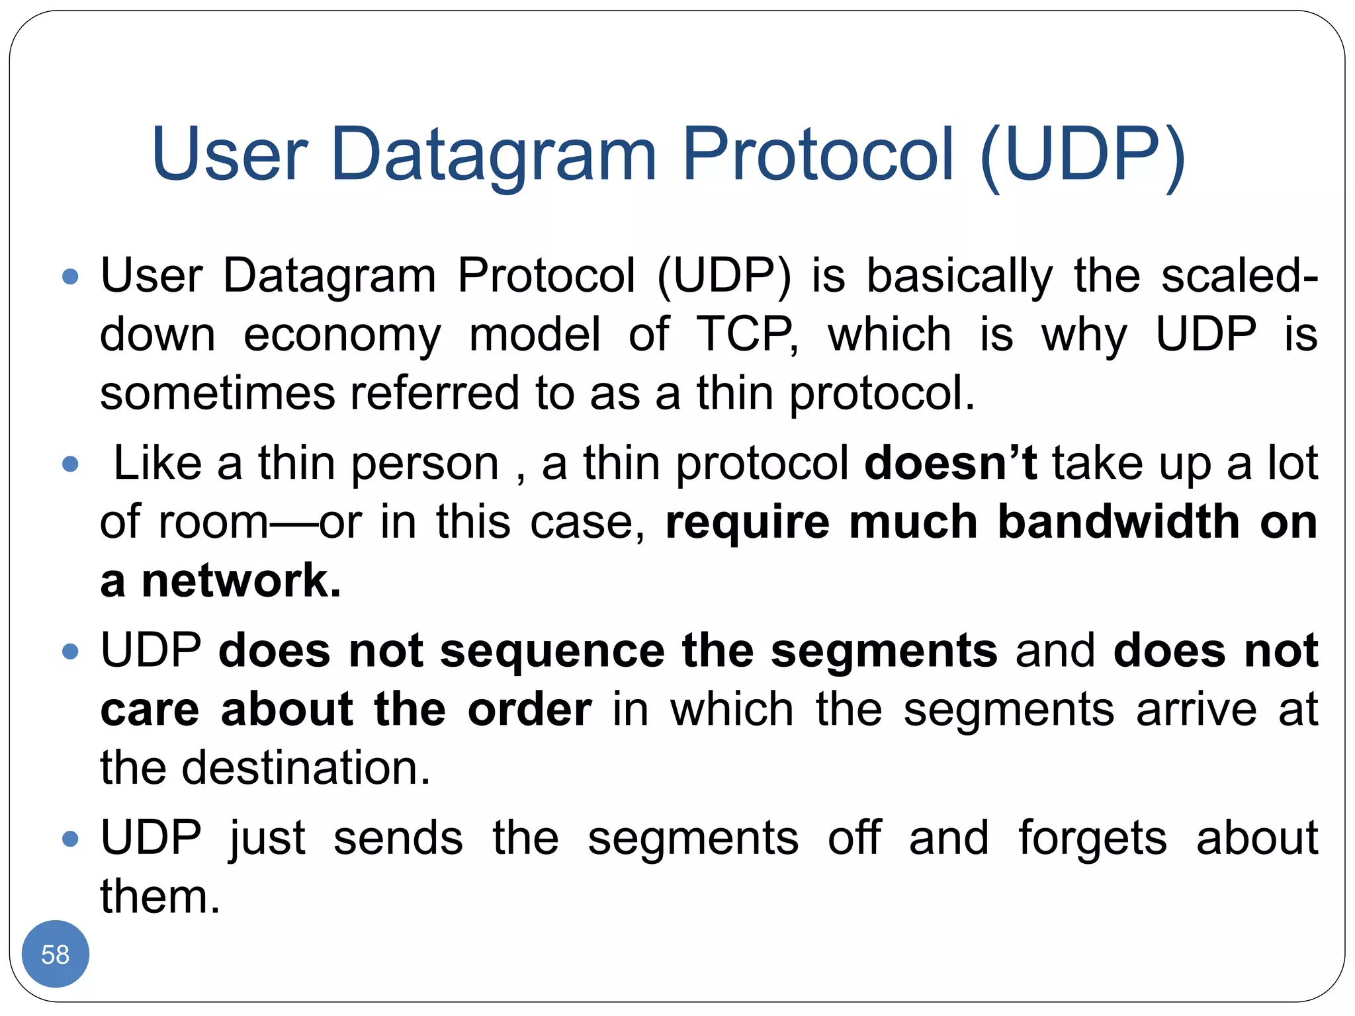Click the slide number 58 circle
coord(55,954)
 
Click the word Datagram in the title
coord(493,155)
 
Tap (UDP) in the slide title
coord(1082,155)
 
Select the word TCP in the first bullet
coord(745,334)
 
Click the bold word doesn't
coord(951,463)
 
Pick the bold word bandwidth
coord(1118,522)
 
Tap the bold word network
coord(241,581)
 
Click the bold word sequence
coord(552,651)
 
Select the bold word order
coord(529,710)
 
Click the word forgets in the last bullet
coord(1092,839)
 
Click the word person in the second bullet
coord(425,463)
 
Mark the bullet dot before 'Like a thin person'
coord(70,464)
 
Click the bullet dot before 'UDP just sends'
coord(70,839)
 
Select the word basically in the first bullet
coord(959,276)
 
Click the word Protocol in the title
coord(818,155)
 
